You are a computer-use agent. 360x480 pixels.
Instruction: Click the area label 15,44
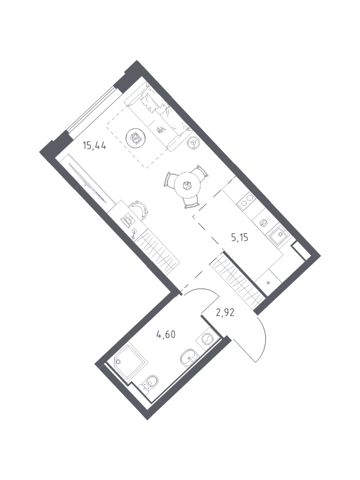point(94,146)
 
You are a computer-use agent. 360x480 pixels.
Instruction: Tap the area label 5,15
point(239,237)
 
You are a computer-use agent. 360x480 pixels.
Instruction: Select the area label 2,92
point(225,313)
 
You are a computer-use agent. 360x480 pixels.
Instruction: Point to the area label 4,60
point(166,335)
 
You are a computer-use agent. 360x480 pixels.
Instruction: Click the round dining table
point(187,185)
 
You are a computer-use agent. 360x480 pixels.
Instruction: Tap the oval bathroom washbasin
point(189,357)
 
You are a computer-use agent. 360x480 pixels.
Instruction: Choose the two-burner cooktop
point(247,201)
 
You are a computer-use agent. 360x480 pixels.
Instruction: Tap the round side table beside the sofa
point(193,142)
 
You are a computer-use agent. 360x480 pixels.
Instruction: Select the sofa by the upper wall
point(158,117)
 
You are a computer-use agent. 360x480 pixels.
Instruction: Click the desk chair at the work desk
point(139,209)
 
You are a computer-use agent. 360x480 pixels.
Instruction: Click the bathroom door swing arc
point(201,292)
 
